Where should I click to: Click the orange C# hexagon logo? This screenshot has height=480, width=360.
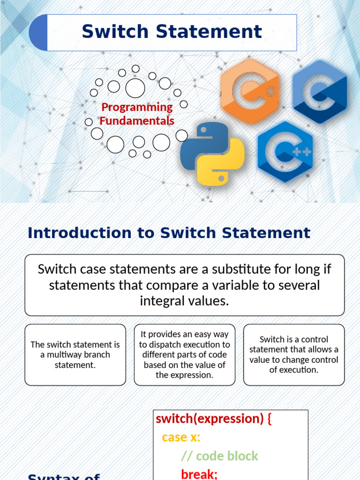[250, 91]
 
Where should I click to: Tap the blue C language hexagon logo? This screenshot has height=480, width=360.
[320, 91]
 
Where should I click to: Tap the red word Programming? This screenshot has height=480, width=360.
[137, 107]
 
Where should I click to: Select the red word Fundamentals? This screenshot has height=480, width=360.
[137, 120]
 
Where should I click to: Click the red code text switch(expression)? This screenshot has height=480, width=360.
[210, 419]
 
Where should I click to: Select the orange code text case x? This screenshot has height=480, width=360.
[181, 437]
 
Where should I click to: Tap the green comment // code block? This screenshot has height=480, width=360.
[219, 456]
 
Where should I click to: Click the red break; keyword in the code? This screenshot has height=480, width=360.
[199, 474]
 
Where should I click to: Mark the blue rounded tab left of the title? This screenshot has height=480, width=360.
[38, 32]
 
